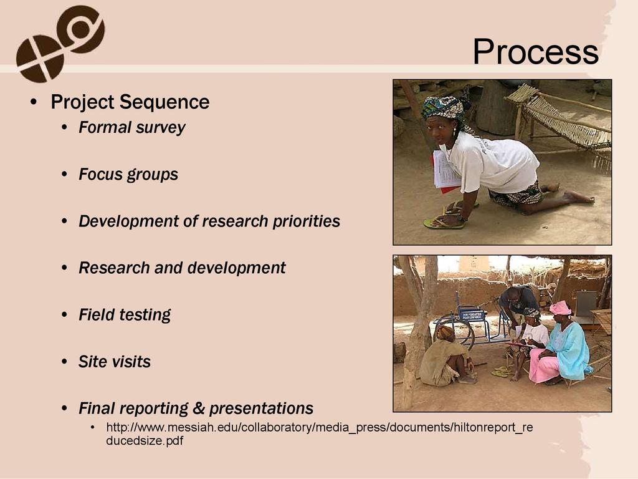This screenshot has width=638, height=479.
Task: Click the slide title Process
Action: click(x=535, y=52)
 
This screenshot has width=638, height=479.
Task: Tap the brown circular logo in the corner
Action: click(x=60, y=43)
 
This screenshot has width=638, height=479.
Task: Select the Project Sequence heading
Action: click(x=130, y=102)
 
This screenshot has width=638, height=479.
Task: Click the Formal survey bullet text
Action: click(x=132, y=127)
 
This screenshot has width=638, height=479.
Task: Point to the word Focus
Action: click(x=100, y=174)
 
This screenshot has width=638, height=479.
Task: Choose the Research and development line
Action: click(x=183, y=268)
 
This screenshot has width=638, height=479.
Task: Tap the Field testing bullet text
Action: click(x=125, y=315)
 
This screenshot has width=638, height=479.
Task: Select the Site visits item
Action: click(x=115, y=362)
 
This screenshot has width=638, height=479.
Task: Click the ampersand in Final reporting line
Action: click(x=198, y=408)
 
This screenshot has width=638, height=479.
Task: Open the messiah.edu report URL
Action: click(x=320, y=434)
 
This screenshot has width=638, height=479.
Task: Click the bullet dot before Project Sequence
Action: click(x=34, y=102)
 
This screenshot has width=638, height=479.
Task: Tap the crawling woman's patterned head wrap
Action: click(x=443, y=107)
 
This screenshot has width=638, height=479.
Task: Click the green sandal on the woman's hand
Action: click(x=444, y=223)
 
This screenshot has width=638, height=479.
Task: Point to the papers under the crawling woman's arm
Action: click(x=445, y=171)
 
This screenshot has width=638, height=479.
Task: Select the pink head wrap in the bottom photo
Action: click(x=560, y=308)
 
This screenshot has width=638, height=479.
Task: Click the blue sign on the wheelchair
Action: click(x=472, y=315)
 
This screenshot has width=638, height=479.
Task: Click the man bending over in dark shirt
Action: click(x=517, y=304)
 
